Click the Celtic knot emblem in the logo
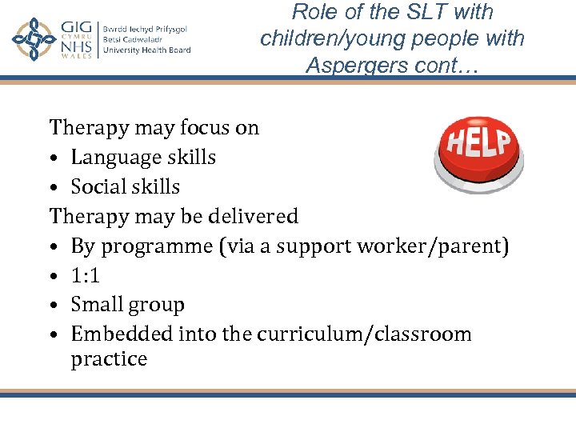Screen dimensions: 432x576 pos(34,40)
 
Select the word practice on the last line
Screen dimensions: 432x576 pos(109,359)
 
